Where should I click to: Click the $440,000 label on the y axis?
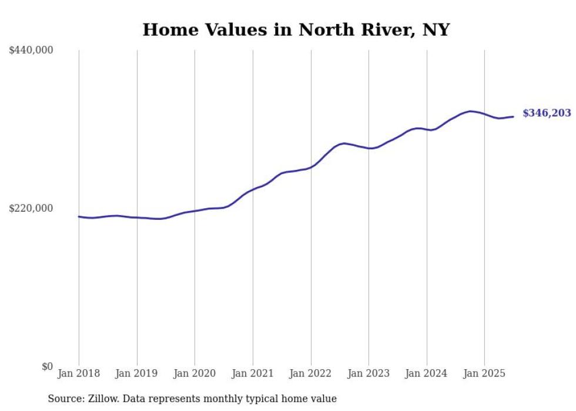tap(31, 51)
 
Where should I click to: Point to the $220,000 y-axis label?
tap(31, 208)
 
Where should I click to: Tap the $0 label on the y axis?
tap(47, 366)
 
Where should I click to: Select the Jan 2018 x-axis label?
tap(79, 373)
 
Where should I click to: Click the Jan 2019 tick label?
tap(137, 373)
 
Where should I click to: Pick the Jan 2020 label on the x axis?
tap(195, 373)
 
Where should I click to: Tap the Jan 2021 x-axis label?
tap(253, 373)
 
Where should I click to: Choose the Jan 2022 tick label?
tap(311, 373)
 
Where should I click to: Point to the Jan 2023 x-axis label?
tap(369, 373)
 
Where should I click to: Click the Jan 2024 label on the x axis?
tap(427, 373)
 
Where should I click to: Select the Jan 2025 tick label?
tap(484, 373)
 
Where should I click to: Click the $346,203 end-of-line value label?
tap(547, 113)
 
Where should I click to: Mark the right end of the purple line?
tap(514, 116)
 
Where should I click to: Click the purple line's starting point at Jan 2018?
tap(79, 216)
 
